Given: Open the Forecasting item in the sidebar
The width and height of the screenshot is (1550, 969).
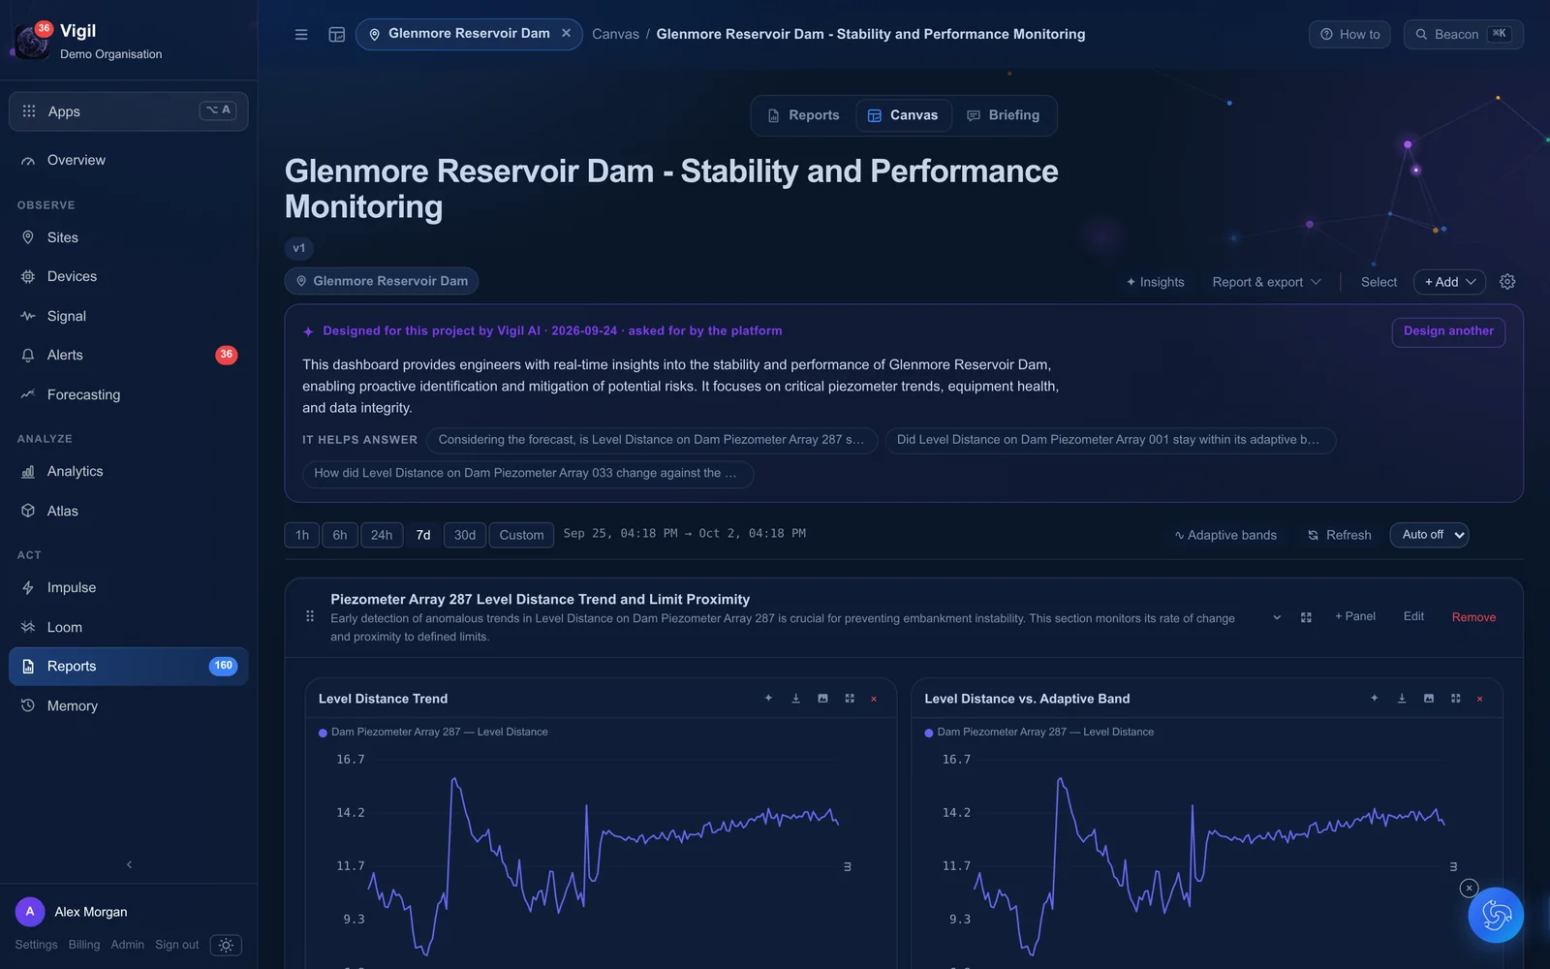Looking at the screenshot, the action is pyautogui.click(x=83, y=394).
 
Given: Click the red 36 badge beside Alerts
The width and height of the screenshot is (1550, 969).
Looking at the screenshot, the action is pyautogui.click(x=226, y=355).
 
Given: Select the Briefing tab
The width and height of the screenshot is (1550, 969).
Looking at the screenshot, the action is pyautogui.click(x=1003, y=115).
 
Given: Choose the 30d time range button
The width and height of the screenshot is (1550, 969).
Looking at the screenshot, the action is pyautogui.click(x=464, y=535).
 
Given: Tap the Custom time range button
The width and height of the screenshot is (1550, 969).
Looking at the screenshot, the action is pyautogui.click(x=521, y=535).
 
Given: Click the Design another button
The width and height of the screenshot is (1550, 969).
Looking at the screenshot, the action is pyautogui.click(x=1448, y=331).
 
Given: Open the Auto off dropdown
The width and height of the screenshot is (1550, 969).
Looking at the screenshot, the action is pyautogui.click(x=1429, y=535).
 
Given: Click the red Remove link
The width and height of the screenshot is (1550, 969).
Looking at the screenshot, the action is pyautogui.click(x=1473, y=616).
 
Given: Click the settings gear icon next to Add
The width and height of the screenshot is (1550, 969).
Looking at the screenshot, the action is pyautogui.click(x=1507, y=282).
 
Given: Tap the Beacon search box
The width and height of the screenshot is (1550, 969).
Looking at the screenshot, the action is pyautogui.click(x=1463, y=34).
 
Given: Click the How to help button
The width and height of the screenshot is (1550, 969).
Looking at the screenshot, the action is pyautogui.click(x=1349, y=34).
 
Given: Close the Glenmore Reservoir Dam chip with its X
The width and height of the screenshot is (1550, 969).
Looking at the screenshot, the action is pyautogui.click(x=566, y=33).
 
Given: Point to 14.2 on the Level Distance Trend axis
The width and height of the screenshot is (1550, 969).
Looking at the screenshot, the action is pyautogui.click(x=350, y=813).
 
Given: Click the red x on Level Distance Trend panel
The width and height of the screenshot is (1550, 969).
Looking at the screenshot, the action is pyautogui.click(x=873, y=699).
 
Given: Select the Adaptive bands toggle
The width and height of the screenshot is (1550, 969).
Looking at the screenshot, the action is pyautogui.click(x=1225, y=535).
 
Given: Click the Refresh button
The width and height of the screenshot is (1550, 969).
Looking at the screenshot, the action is pyautogui.click(x=1339, y=535).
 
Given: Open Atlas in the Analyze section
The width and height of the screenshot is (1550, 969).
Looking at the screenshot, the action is pyautogui.click(x=62, y=511).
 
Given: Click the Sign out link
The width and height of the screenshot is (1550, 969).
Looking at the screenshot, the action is pyautogui.click(x=176, y=945).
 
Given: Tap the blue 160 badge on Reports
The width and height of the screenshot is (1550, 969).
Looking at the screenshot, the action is pyautogui.click(x=223, y=666).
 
